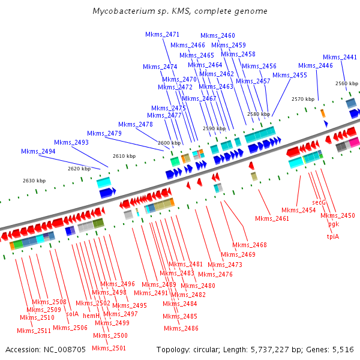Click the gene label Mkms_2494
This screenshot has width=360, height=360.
(38, 152)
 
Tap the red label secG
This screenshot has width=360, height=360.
(319, 203)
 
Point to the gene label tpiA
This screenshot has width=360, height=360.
(332, 236)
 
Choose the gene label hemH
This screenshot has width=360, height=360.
(91, 316)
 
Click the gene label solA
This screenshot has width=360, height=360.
(72, 314)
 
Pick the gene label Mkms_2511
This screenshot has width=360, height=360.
(34, 331)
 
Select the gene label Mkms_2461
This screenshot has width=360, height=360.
(272, 218)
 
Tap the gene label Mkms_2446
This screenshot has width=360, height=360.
(315, 65)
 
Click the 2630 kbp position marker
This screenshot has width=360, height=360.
(34, 181)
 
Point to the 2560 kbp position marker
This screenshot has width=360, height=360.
(346, 84)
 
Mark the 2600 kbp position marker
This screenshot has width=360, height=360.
(169, 143)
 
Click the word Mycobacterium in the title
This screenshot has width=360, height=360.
(123, 11)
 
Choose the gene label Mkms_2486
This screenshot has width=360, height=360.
(181, 328)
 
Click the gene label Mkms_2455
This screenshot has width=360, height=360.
(290, 75)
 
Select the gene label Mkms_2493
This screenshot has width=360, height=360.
(71, 142)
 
